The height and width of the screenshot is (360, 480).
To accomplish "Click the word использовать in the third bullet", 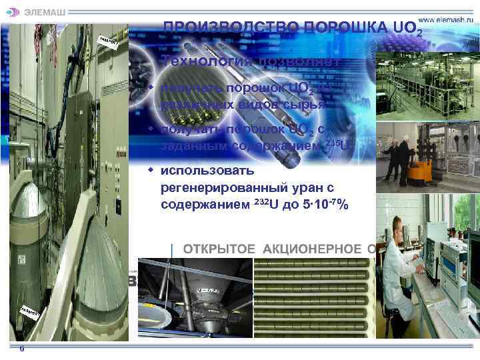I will click(199, 171).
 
